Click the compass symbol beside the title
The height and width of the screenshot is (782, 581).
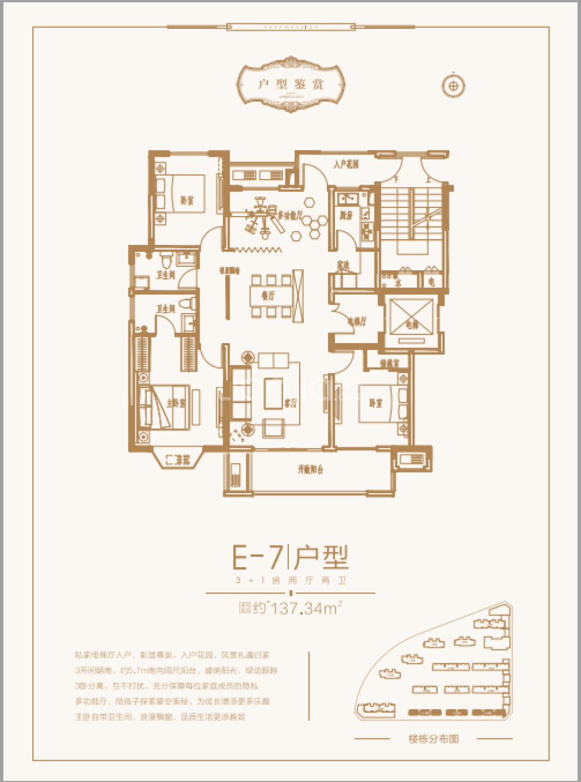pyautogui.click(x=454, y=86)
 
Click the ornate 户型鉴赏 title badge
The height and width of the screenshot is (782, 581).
pyautogui.click(x=290, y=85)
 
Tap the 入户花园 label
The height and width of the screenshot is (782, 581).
pyautogui.click(x=346, y=164)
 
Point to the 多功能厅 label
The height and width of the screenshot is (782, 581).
pyautogui.click(x=290, y=215)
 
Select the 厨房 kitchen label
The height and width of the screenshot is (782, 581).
pyautogui.click(x=346, y=215)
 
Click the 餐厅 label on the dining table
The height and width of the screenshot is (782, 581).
pyautogui.click(x=268, y=296)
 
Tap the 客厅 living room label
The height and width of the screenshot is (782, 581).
pyautogui.click(x=290, y=403)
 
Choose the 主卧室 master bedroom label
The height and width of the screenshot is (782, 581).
pyautogui.click(x=176, y=403)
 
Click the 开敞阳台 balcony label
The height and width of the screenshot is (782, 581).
pyautogui.click(x=310, y=469)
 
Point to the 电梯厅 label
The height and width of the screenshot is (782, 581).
pyautogui.click(x=356, y=321)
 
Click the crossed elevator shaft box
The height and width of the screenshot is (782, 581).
pyautogui.click(x=411, y=316)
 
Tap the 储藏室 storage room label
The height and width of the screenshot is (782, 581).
pyautogui.click(x=389, y=363)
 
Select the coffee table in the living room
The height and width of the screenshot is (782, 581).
pyautogui.click(x=273, y=393)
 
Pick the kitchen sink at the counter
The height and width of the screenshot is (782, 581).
pyautogui.click(x=347, y=200)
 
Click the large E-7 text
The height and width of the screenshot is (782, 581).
pyautogui.click(x=258, y=557)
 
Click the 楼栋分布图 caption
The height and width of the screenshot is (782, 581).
pyautogui.click(x=433, y=739)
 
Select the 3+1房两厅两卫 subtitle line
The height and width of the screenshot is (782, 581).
pyautogui.click(x=290, y=580)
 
